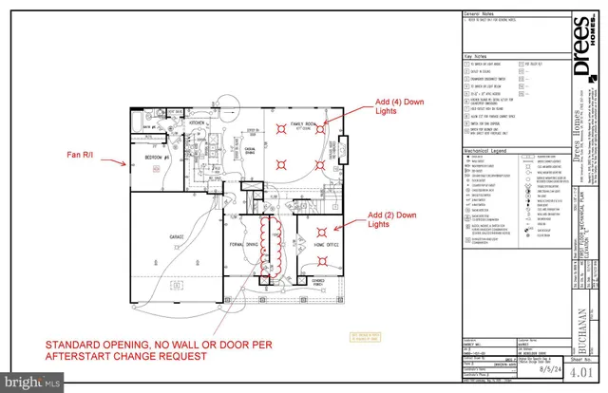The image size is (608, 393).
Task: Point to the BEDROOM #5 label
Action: coord(157,156)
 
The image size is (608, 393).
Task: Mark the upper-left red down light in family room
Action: coord(278,127)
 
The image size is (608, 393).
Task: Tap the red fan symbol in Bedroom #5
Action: coord(157,168)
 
